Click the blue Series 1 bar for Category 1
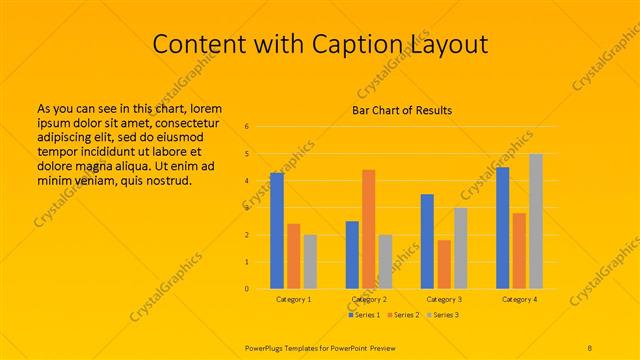[x=277, y=230]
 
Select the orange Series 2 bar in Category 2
[x=369, y=229]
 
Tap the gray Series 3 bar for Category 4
[x=536, y=221]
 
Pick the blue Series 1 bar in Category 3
[x=427, y=241]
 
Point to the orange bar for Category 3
[x=444, y=264]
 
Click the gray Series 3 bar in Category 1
[x=310, y=261]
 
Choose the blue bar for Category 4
[x=503, y=227]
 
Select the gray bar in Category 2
[x=386, y=261]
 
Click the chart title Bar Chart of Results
[x=401, y=110]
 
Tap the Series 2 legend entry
[x=402, y=315]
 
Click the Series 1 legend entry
[x=363, y=315]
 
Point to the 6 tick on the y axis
[x=247, y=127]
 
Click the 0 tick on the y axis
[x=247, y=289]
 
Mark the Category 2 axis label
[x=369, y=299]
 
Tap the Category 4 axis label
[x=519, y=299]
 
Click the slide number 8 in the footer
[x=590, y=346]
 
